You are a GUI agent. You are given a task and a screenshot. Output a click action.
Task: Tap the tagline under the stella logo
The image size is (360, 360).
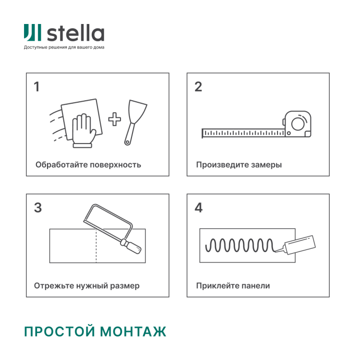(64, 48)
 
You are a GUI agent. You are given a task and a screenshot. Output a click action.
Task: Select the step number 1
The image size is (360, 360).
(37, 87)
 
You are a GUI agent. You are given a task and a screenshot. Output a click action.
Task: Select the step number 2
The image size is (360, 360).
(198, 87)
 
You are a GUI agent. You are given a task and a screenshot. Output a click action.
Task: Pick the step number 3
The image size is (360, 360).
(38, 208)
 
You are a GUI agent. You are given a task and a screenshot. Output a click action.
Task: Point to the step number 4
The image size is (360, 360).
(199, 208)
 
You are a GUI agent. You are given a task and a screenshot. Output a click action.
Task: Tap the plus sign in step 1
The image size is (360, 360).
(114, 119)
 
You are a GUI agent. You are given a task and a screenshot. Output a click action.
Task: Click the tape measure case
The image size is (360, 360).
(298, 124)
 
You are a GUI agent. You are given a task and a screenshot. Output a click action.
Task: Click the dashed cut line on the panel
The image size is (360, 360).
(96, 246)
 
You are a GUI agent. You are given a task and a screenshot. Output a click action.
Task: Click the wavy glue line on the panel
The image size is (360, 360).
(240, 245)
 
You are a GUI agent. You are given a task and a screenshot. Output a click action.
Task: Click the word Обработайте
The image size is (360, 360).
(59, 165)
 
